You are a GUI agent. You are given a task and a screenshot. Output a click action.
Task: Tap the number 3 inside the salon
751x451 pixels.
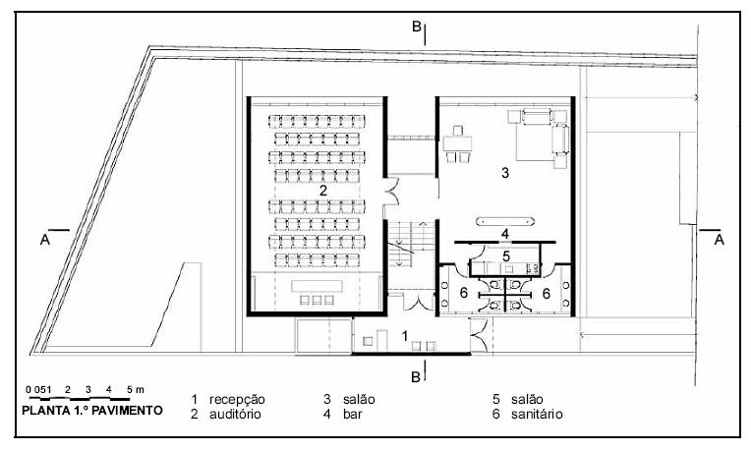click(504, 173)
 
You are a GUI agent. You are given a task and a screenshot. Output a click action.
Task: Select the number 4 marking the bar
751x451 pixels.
click(504, 234)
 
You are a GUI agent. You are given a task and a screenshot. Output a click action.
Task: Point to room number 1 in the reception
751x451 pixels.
click(404, 336)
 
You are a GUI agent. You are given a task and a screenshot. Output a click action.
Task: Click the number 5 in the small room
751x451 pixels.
click(505, 256)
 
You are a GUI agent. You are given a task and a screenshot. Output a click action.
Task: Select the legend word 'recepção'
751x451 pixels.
click(237, 399)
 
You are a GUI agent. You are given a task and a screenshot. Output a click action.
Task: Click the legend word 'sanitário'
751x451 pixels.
click(536, 414)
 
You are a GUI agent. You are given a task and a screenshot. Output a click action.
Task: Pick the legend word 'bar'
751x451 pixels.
click(353, 414)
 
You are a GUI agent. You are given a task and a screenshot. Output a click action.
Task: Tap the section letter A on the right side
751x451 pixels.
click(719, 238)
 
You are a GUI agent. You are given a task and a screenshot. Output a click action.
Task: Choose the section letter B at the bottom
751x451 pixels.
click(417, 375)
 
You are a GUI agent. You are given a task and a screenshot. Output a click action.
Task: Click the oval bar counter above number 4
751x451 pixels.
click(504, 220)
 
